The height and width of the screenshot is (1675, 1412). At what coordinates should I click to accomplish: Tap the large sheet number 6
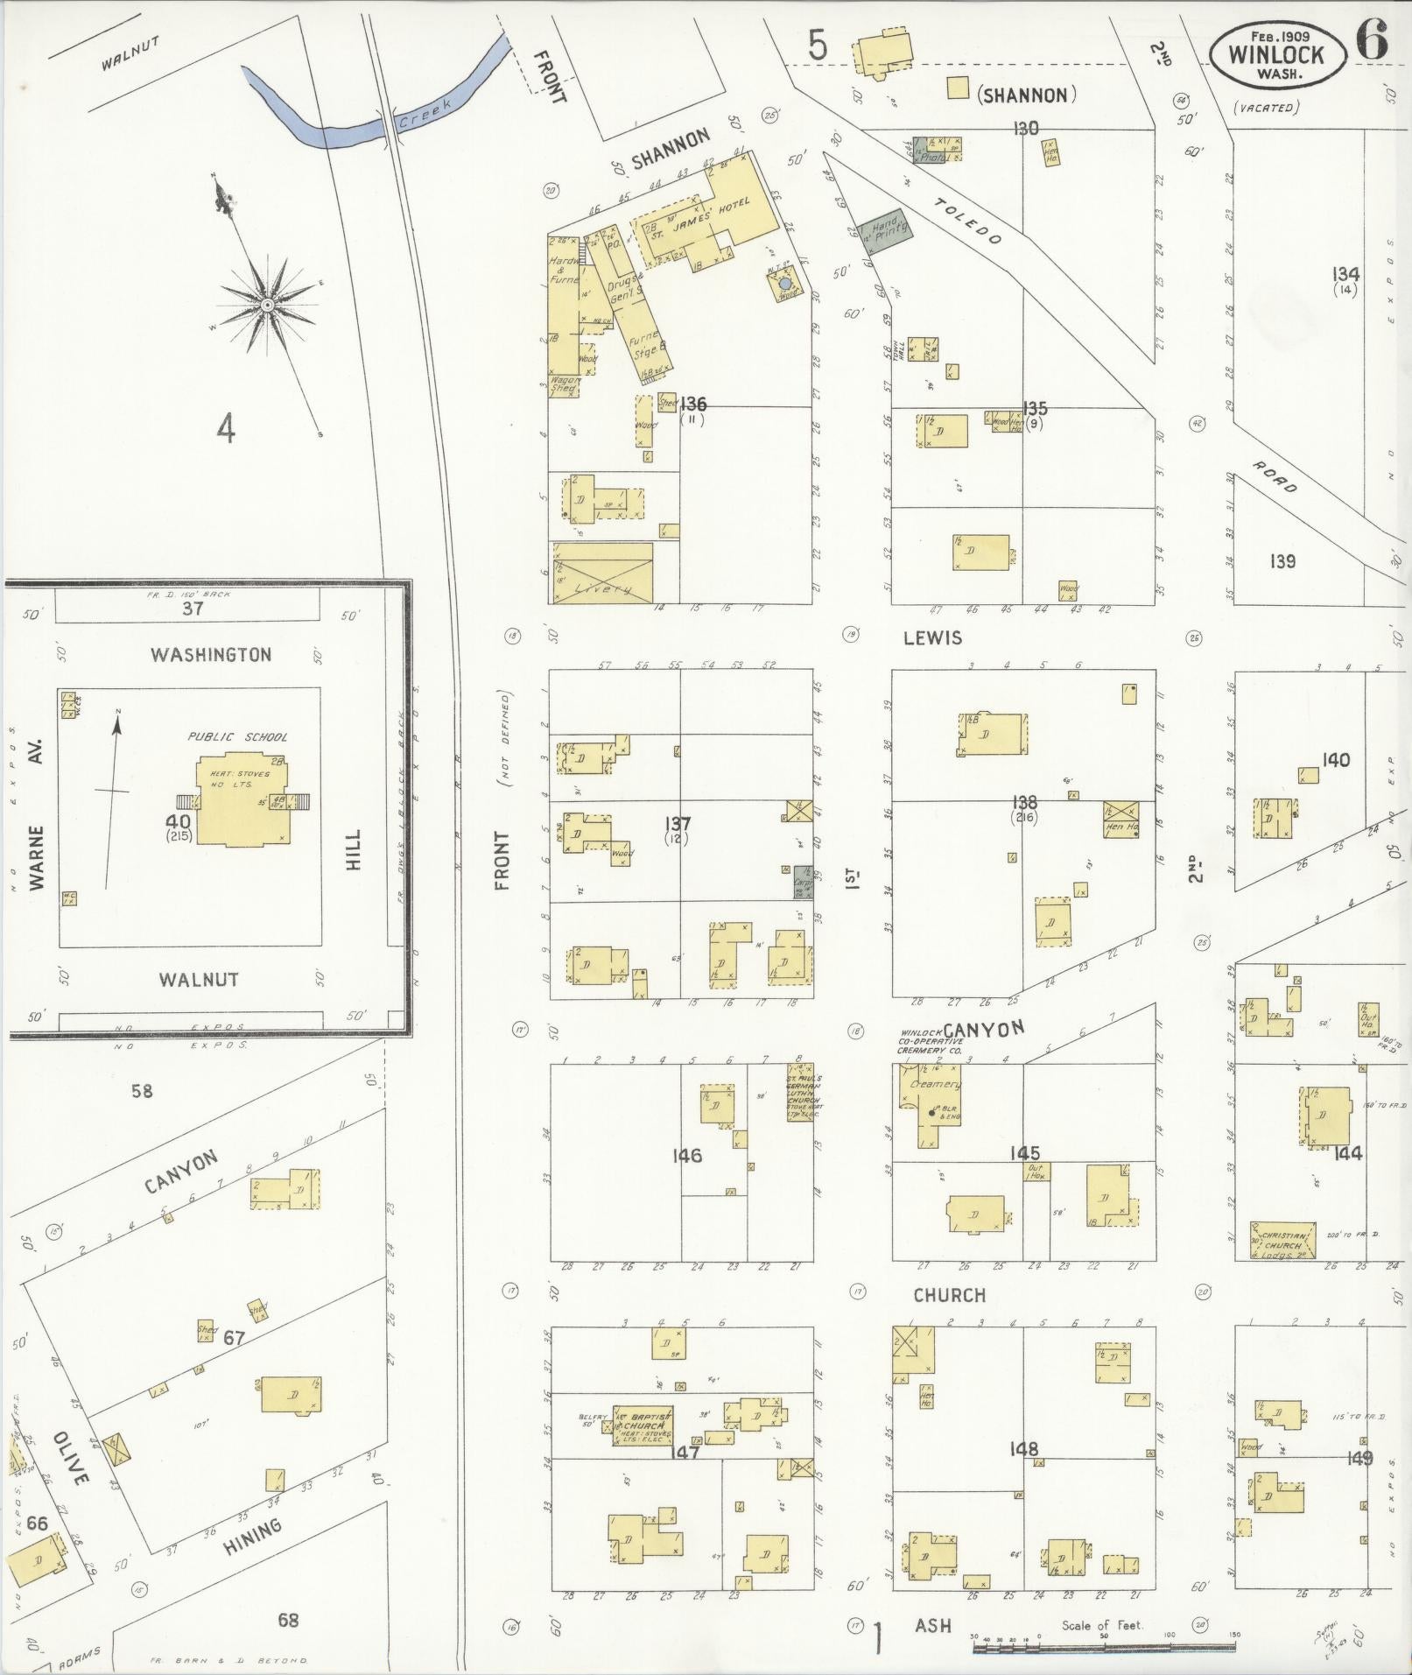[1372, 41]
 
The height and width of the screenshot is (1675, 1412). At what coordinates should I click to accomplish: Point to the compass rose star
[267, 304]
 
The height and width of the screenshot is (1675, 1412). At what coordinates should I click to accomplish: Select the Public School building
[242, 798]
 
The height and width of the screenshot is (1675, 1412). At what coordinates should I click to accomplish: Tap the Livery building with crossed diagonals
[601, 574]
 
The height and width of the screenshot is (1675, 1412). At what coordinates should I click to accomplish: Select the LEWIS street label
[933, 637]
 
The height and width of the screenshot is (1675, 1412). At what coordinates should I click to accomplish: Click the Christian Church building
[1282, 1242]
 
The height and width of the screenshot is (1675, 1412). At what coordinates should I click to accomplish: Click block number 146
[687, 1156]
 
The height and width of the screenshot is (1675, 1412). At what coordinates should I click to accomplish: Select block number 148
[1023, 1449]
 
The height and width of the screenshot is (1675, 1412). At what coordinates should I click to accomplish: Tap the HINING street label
[252, 1537]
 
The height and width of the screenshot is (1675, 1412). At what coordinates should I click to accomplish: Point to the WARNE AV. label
[36, 814]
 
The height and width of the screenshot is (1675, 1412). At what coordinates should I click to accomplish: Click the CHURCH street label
[949, 1295]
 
